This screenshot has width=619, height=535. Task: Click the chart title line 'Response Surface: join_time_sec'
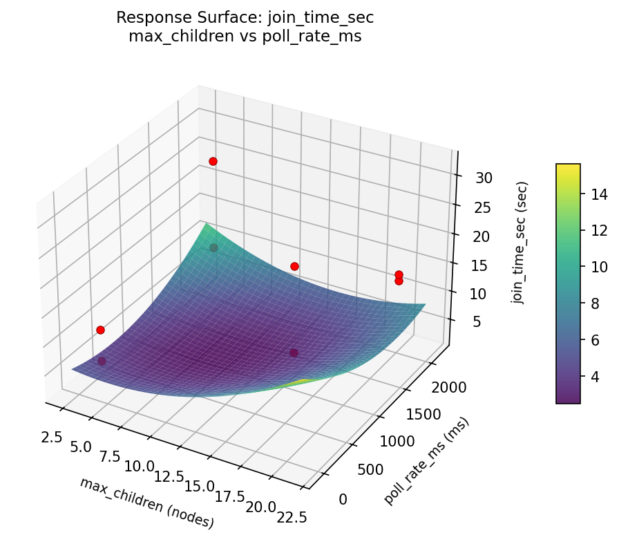(245, 17)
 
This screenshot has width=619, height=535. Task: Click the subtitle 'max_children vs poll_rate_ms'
(245, 36)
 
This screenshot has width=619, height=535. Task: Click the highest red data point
(213, 161)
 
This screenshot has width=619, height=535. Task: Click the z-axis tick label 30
(484, 178)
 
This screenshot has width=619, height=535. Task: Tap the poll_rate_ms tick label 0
(343, 498)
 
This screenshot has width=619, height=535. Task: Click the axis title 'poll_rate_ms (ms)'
(427, 460)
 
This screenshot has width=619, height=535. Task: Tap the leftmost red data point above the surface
(100, 330)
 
